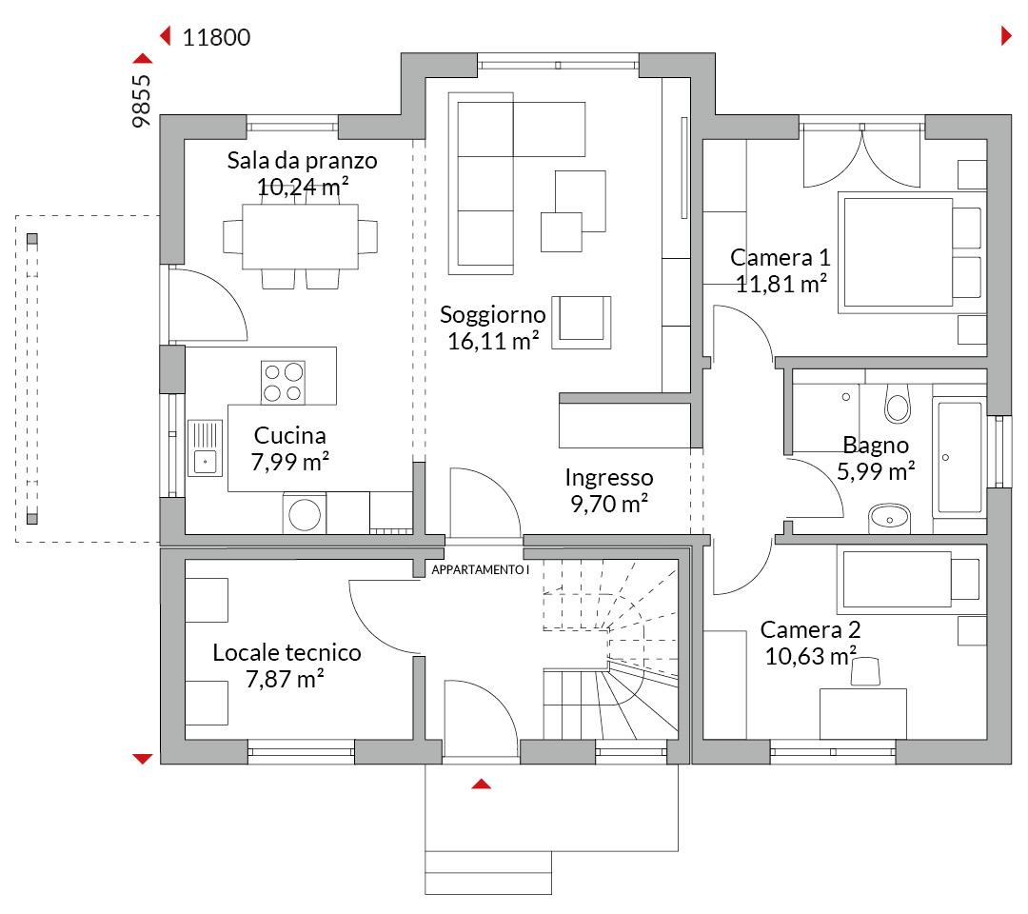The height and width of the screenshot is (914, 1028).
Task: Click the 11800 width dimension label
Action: [x=216, y=37]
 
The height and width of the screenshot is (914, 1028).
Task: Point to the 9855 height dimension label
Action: [x=142, y=101]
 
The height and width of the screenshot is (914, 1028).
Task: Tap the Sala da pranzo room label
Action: [x=303, y=161]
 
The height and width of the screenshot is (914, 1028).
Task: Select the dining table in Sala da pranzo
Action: [x=300, y=237]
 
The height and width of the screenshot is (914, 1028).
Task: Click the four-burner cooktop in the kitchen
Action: [x=283, y=382]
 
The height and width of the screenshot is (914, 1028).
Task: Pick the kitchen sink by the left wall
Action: [x=206, y=447]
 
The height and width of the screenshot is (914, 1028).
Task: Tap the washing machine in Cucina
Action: [x=305, y=513]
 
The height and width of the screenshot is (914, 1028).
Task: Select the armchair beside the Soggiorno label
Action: [x=581, y=322]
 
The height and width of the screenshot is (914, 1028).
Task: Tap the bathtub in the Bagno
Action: [x=959, y=457]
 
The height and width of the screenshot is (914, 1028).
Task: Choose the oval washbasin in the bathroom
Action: [x=889, y=518]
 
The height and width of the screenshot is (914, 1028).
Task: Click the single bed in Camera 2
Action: [x=911, y=579]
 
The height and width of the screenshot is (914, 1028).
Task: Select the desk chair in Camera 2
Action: [x=865, y=672]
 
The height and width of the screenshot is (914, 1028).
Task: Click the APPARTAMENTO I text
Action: [x=480, y=570]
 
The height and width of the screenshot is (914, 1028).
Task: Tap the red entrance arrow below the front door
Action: [x=482, y=784]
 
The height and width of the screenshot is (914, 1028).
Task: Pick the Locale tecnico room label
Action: [x=287, y=652]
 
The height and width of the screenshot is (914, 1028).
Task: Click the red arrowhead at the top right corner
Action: [x=1006, y=36]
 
